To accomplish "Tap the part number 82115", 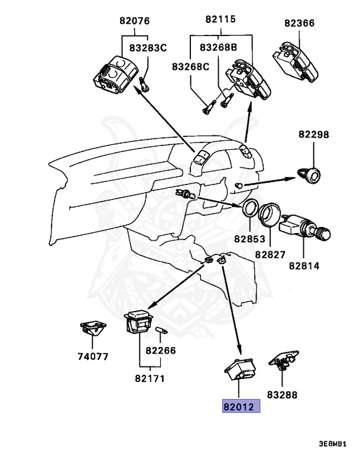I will coord(220,19).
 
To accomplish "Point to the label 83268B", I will coord(218,47).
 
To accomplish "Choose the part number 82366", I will coord(299,23).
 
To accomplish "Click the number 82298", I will coord(313,135).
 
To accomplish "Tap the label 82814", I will coord(304,265).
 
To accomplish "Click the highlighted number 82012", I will coord(241,407).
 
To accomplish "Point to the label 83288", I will coord(282,395).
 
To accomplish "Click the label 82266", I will coord(161,350).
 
